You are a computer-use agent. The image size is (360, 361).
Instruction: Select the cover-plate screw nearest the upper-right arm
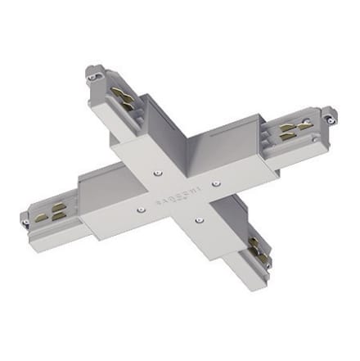click(216, 183)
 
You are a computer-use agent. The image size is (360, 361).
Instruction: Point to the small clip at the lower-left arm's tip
click(25, 219)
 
